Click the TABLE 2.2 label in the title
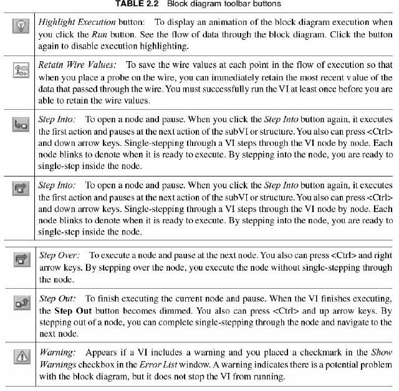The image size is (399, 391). coord(137,4)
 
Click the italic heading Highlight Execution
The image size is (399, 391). coord(76,22)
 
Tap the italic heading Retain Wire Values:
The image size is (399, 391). coord(78,64)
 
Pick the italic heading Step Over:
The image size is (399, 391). coord(60,255)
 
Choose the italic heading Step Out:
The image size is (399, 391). coord(57,299)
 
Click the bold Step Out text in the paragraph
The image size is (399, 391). coord(73,311)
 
